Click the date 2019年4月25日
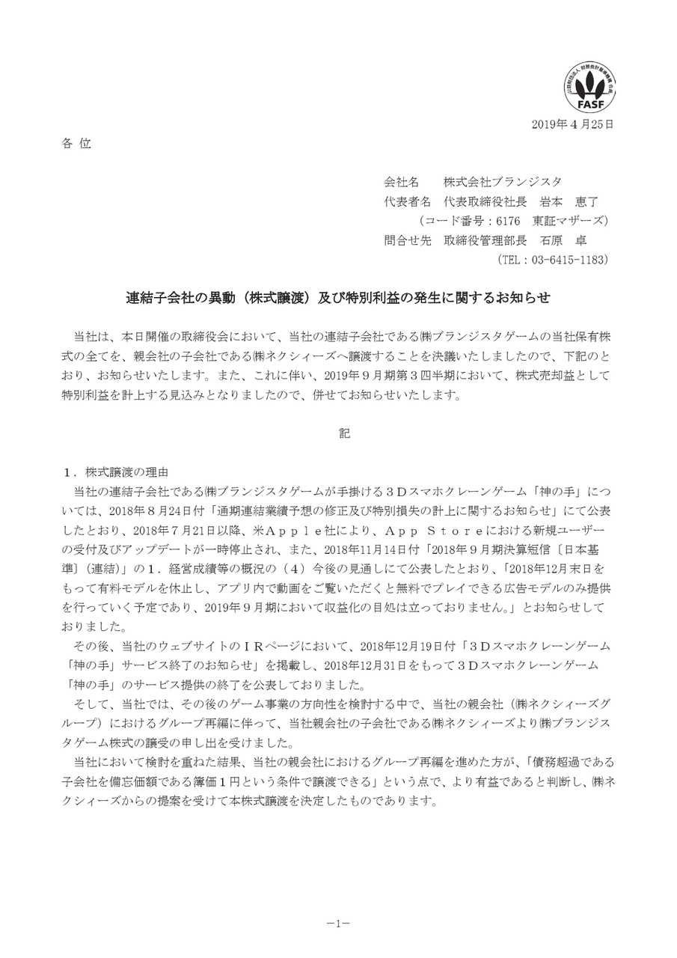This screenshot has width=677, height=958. pos(573,124)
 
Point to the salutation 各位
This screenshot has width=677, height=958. pos(76,144)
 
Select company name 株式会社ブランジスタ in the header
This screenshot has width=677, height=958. pos(503,182)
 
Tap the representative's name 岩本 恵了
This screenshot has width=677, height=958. pos(569,201)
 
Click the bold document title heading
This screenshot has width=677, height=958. pos(337,297)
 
